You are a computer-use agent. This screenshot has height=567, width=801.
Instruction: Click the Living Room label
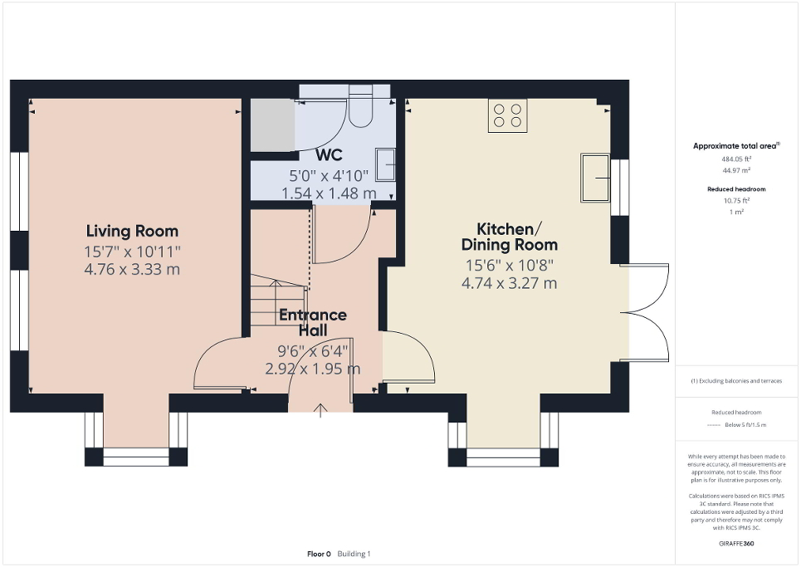(x=133, y=231)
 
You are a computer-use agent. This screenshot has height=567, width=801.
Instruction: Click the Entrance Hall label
(x=312, y=323)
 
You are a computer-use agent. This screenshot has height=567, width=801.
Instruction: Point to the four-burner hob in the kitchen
(x=507, y=115)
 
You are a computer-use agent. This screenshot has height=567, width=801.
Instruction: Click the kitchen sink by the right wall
(x=594, y=177)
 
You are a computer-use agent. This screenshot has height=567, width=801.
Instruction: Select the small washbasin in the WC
(x=385, y=164)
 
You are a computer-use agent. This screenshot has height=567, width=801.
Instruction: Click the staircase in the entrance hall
(x=278, y=301)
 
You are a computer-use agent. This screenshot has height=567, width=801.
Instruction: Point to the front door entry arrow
(x=321, y=410)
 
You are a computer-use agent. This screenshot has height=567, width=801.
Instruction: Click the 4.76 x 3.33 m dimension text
(x=133, y=270)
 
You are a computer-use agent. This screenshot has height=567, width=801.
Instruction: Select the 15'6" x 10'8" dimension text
(x=509, y=266)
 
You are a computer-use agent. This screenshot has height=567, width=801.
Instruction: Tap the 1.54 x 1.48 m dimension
(x=329, y=193)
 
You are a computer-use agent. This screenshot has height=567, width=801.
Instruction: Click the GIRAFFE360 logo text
(x=736, y=544)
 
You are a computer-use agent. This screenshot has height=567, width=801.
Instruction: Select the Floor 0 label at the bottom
(x=318, y=554)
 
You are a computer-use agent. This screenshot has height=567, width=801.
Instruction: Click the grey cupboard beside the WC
(x=273, y=125)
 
